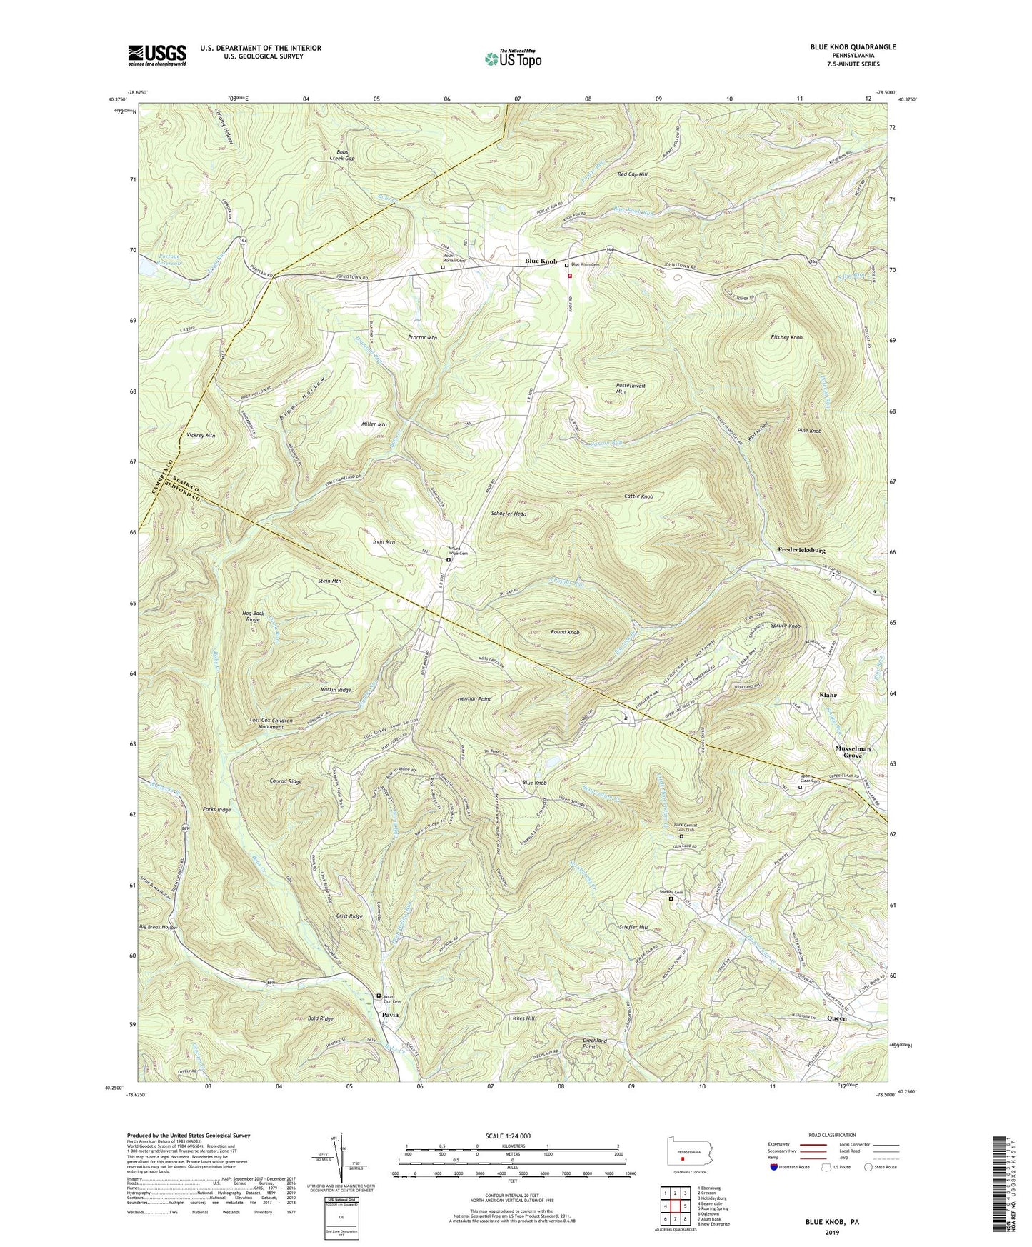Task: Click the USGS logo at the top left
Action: tap(157, 55)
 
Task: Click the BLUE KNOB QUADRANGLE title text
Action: tap(853, 47)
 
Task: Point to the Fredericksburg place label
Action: tap(801, 551)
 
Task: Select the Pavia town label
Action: tap(390, 1014)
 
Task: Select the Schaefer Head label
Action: tap(509, 514)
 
